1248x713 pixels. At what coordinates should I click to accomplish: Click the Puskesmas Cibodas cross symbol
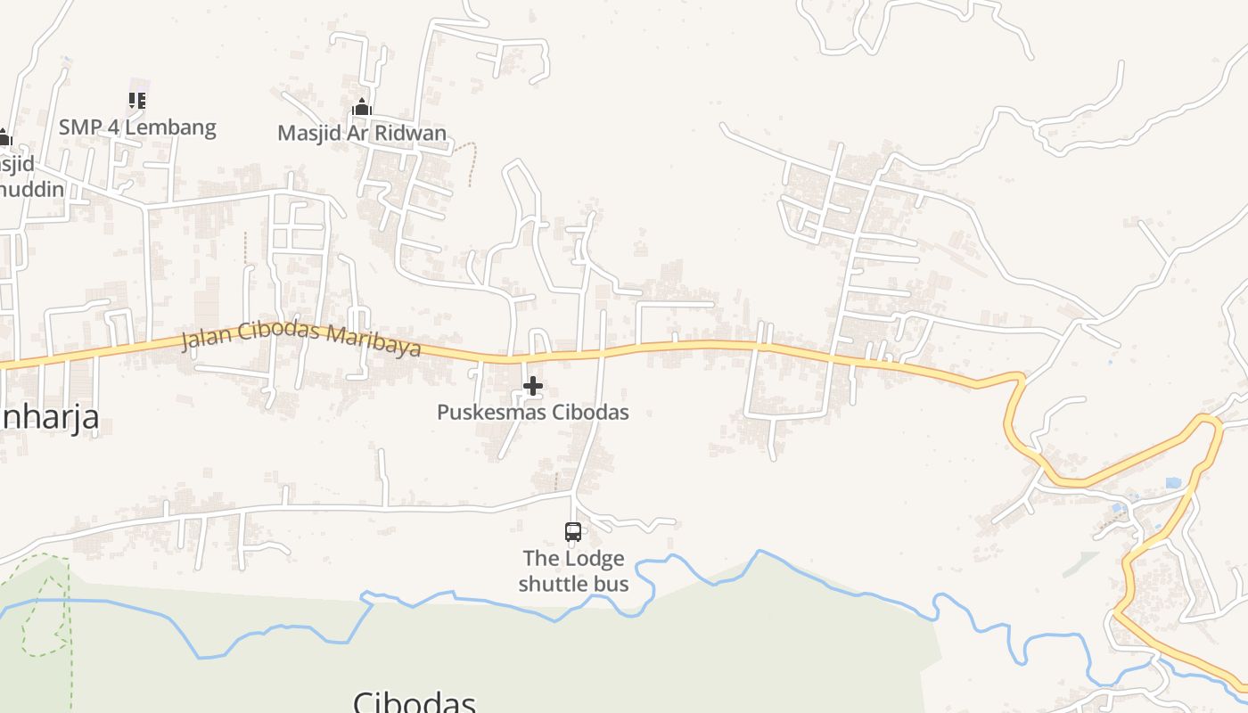point(533,386)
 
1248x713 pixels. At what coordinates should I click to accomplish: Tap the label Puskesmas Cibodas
point(532,412)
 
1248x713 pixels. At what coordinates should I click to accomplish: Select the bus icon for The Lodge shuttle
point(573,532)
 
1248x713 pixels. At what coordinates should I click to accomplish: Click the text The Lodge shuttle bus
point(573,571)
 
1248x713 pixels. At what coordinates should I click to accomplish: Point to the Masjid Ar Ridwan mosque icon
point(361,108)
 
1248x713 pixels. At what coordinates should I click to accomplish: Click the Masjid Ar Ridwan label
point(361,133)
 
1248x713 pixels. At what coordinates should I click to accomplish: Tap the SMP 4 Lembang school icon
point(136,101)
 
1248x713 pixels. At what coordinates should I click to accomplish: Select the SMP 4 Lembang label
point(137,127)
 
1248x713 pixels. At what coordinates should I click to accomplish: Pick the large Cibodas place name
point(415,702)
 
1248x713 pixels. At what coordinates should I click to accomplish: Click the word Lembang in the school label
point(176,127)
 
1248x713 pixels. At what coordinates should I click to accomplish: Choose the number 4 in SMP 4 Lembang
point(112,127)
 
